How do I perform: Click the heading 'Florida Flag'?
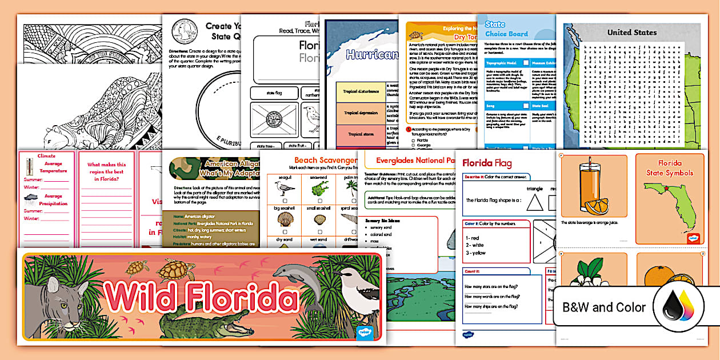(x=487, y=163)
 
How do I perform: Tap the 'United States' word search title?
(x=631, y=32)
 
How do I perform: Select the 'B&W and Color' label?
(x=604, y=307)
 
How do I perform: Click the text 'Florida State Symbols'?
(x=669, y=168)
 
